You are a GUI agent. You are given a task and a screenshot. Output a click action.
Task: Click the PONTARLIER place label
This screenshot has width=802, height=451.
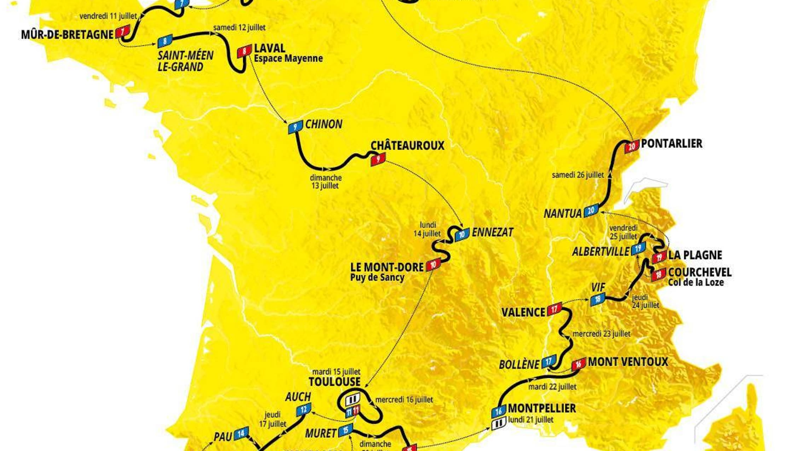[672, 143]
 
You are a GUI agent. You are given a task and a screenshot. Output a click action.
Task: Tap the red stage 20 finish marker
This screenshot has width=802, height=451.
[632, 146]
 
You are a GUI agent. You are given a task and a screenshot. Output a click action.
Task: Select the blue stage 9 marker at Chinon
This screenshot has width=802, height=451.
[295, 127]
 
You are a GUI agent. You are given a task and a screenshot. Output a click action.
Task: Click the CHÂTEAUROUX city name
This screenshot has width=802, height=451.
[407, 146]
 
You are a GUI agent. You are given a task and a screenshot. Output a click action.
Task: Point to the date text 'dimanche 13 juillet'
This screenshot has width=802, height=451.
[325, 182]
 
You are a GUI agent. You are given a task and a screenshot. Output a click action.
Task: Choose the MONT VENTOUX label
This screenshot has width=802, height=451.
[628, 362]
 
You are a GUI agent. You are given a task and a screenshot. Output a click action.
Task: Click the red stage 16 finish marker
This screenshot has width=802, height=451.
[579, 364]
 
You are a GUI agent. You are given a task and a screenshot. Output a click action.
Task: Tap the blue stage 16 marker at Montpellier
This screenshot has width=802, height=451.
[499, 411]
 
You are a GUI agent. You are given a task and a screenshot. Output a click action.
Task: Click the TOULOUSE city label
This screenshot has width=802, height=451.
[335, 382]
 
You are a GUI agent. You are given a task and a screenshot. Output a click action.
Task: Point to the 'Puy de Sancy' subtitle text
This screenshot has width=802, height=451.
[377, 277]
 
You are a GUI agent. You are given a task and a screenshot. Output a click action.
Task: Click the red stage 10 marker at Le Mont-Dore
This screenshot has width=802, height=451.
[433, 264]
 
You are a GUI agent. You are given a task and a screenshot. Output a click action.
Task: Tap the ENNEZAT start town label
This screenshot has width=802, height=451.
[493, 233]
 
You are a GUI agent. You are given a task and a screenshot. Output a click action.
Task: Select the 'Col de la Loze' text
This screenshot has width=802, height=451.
[696, 282]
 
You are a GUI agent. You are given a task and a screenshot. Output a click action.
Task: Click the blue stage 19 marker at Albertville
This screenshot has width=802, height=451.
[638, 249]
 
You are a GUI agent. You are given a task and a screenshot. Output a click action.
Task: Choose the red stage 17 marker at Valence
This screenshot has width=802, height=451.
[554, 309]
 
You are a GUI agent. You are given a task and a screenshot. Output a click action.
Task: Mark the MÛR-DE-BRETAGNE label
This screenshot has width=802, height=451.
[67, 35]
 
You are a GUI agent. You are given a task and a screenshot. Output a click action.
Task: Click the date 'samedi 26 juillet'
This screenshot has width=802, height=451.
[578, 175]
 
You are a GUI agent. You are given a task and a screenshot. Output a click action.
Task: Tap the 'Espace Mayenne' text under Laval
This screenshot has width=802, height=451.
[288, 58]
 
